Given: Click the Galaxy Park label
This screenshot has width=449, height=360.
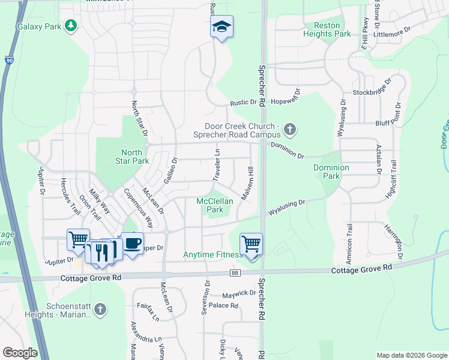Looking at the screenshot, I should tap(39, 27).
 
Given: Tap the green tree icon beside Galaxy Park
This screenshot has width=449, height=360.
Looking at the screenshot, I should tap(71, 26).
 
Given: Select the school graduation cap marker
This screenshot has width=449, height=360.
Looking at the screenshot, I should tap(221, 27).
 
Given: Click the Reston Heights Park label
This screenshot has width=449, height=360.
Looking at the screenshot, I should tap(327, 30).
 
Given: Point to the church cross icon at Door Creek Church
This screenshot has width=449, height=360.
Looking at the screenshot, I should tap(290, 129).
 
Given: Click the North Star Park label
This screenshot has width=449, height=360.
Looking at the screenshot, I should tap(131, 157).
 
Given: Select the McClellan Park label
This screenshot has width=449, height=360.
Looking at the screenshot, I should tap(215, 205).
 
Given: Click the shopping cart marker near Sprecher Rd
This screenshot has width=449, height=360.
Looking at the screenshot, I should tap(251, 244).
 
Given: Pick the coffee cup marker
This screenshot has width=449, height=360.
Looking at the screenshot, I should tap(133, 243).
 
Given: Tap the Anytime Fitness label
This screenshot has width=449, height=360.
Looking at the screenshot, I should tap(212, 255).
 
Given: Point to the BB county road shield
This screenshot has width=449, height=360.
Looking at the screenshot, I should tap(235, 274).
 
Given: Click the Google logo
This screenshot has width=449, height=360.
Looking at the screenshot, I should tap(20, 352).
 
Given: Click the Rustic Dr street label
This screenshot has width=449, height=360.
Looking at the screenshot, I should tap(243, 103).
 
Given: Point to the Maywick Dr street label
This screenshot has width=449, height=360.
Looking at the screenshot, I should tap(239, 293).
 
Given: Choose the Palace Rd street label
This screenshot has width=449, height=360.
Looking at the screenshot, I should tap(223, 306).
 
